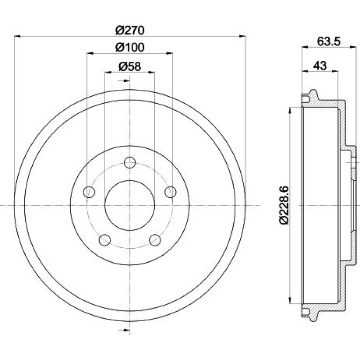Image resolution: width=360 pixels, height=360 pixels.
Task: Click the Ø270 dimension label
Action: pyautogui.click(x=130, y=30)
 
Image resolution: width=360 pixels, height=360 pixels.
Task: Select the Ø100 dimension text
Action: pyautogui.click(x=130, y=47)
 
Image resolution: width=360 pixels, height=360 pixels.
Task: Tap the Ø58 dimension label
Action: pyautogui.click(x=130, y=66)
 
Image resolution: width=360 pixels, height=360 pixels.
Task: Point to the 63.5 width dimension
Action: pyautogui.click(x=329, y=42)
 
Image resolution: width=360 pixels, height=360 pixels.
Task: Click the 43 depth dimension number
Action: pyautogui.click(x=320, y=65)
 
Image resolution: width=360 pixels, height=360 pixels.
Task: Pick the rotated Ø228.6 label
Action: pyautogui.click(x=284, y=205)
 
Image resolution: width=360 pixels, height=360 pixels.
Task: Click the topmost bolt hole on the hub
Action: pyautogui.click(x=130, y=163)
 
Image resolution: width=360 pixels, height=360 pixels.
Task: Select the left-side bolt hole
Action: pyautogui.click(x=89, y=192)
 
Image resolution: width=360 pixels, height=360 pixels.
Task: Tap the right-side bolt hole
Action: pyautogui.click(x=171, y=192)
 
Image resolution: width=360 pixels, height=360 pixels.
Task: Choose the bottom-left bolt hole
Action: pyautogui.click(x=105, y=240)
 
